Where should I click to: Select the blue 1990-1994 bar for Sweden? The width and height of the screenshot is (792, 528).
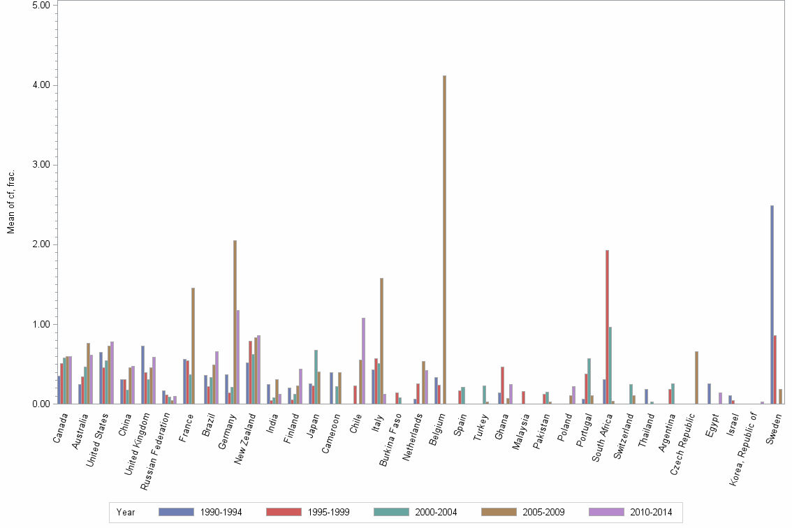point(772,305)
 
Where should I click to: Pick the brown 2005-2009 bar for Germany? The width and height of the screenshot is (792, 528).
point(235,322)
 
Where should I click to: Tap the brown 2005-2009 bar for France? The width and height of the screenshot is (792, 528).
point(193,346)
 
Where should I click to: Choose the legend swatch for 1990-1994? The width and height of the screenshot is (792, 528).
point(175,512)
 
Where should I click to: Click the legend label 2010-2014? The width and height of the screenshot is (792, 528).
point(651,513)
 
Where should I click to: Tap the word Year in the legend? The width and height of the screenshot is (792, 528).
point(126,513)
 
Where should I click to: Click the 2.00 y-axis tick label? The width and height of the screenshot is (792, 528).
point(41,244)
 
